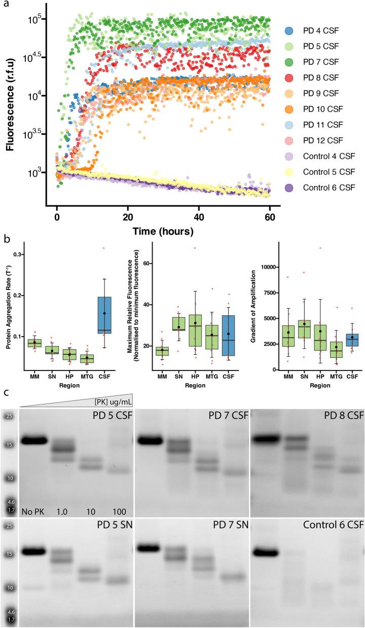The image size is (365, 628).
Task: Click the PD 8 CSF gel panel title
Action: [x=341, y=416]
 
